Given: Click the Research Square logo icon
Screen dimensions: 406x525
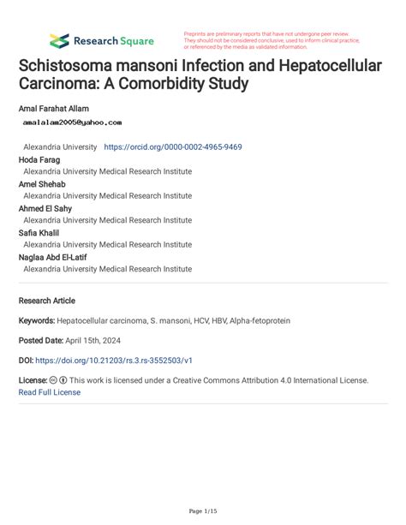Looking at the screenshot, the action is click(x=59, y=40).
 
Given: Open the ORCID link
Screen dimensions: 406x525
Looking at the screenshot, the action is click(x=172, y=147).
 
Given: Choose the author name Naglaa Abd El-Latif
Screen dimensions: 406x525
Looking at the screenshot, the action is click(x=53, y=257).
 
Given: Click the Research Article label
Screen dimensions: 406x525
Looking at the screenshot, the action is click(x=46, y=301).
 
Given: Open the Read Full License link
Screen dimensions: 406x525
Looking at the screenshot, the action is click(x=50, y=392).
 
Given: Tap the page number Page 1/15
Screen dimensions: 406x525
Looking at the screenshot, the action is click(x=203, y=511).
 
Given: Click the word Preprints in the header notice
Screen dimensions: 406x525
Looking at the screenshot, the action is click(x=197, y=33).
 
